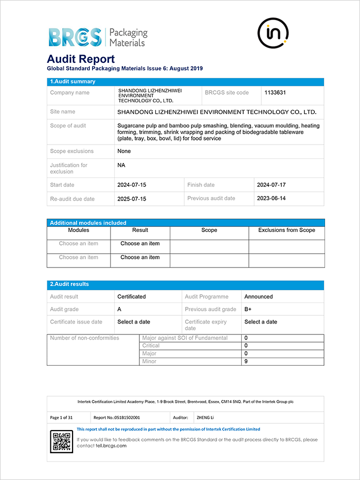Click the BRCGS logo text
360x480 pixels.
pos(75,37)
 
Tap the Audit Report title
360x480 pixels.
pos(81,59)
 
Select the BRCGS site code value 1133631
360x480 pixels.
pos(275,93)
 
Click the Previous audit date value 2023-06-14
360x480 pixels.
pos(271,198)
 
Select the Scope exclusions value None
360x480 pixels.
pos(124,151)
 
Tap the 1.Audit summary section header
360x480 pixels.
pos(72,82)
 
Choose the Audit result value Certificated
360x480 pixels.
pos(132,297)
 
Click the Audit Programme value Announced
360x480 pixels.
pos(259,297)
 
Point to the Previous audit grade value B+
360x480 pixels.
pos(248,309)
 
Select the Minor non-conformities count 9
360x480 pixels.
pos(246,362)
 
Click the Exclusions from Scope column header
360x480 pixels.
pos(286,230)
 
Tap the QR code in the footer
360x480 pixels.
pos(62,441)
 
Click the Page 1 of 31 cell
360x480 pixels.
pos(62,418)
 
